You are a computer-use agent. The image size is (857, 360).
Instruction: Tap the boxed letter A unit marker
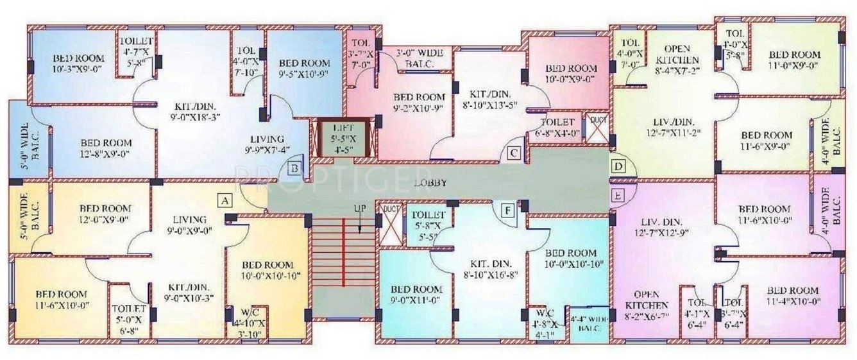pyautogui.click(x=225, y=200)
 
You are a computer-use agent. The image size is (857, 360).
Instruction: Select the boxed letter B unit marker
pyautogui.click(x=294, y=169)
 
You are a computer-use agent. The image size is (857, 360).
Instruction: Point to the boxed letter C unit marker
pyautogui.click(x=513, y=153)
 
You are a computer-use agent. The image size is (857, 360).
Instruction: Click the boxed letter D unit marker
pyautogui.click(x=618, y=167)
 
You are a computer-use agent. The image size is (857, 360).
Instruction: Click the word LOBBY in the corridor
pyautogui.click(x=430, y=183)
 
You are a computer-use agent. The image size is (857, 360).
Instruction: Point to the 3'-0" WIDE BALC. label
pyautogui.click(x=415, y=59)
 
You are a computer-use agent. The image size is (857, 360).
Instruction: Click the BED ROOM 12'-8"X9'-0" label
pyautogui.click(x=106, y=148)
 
